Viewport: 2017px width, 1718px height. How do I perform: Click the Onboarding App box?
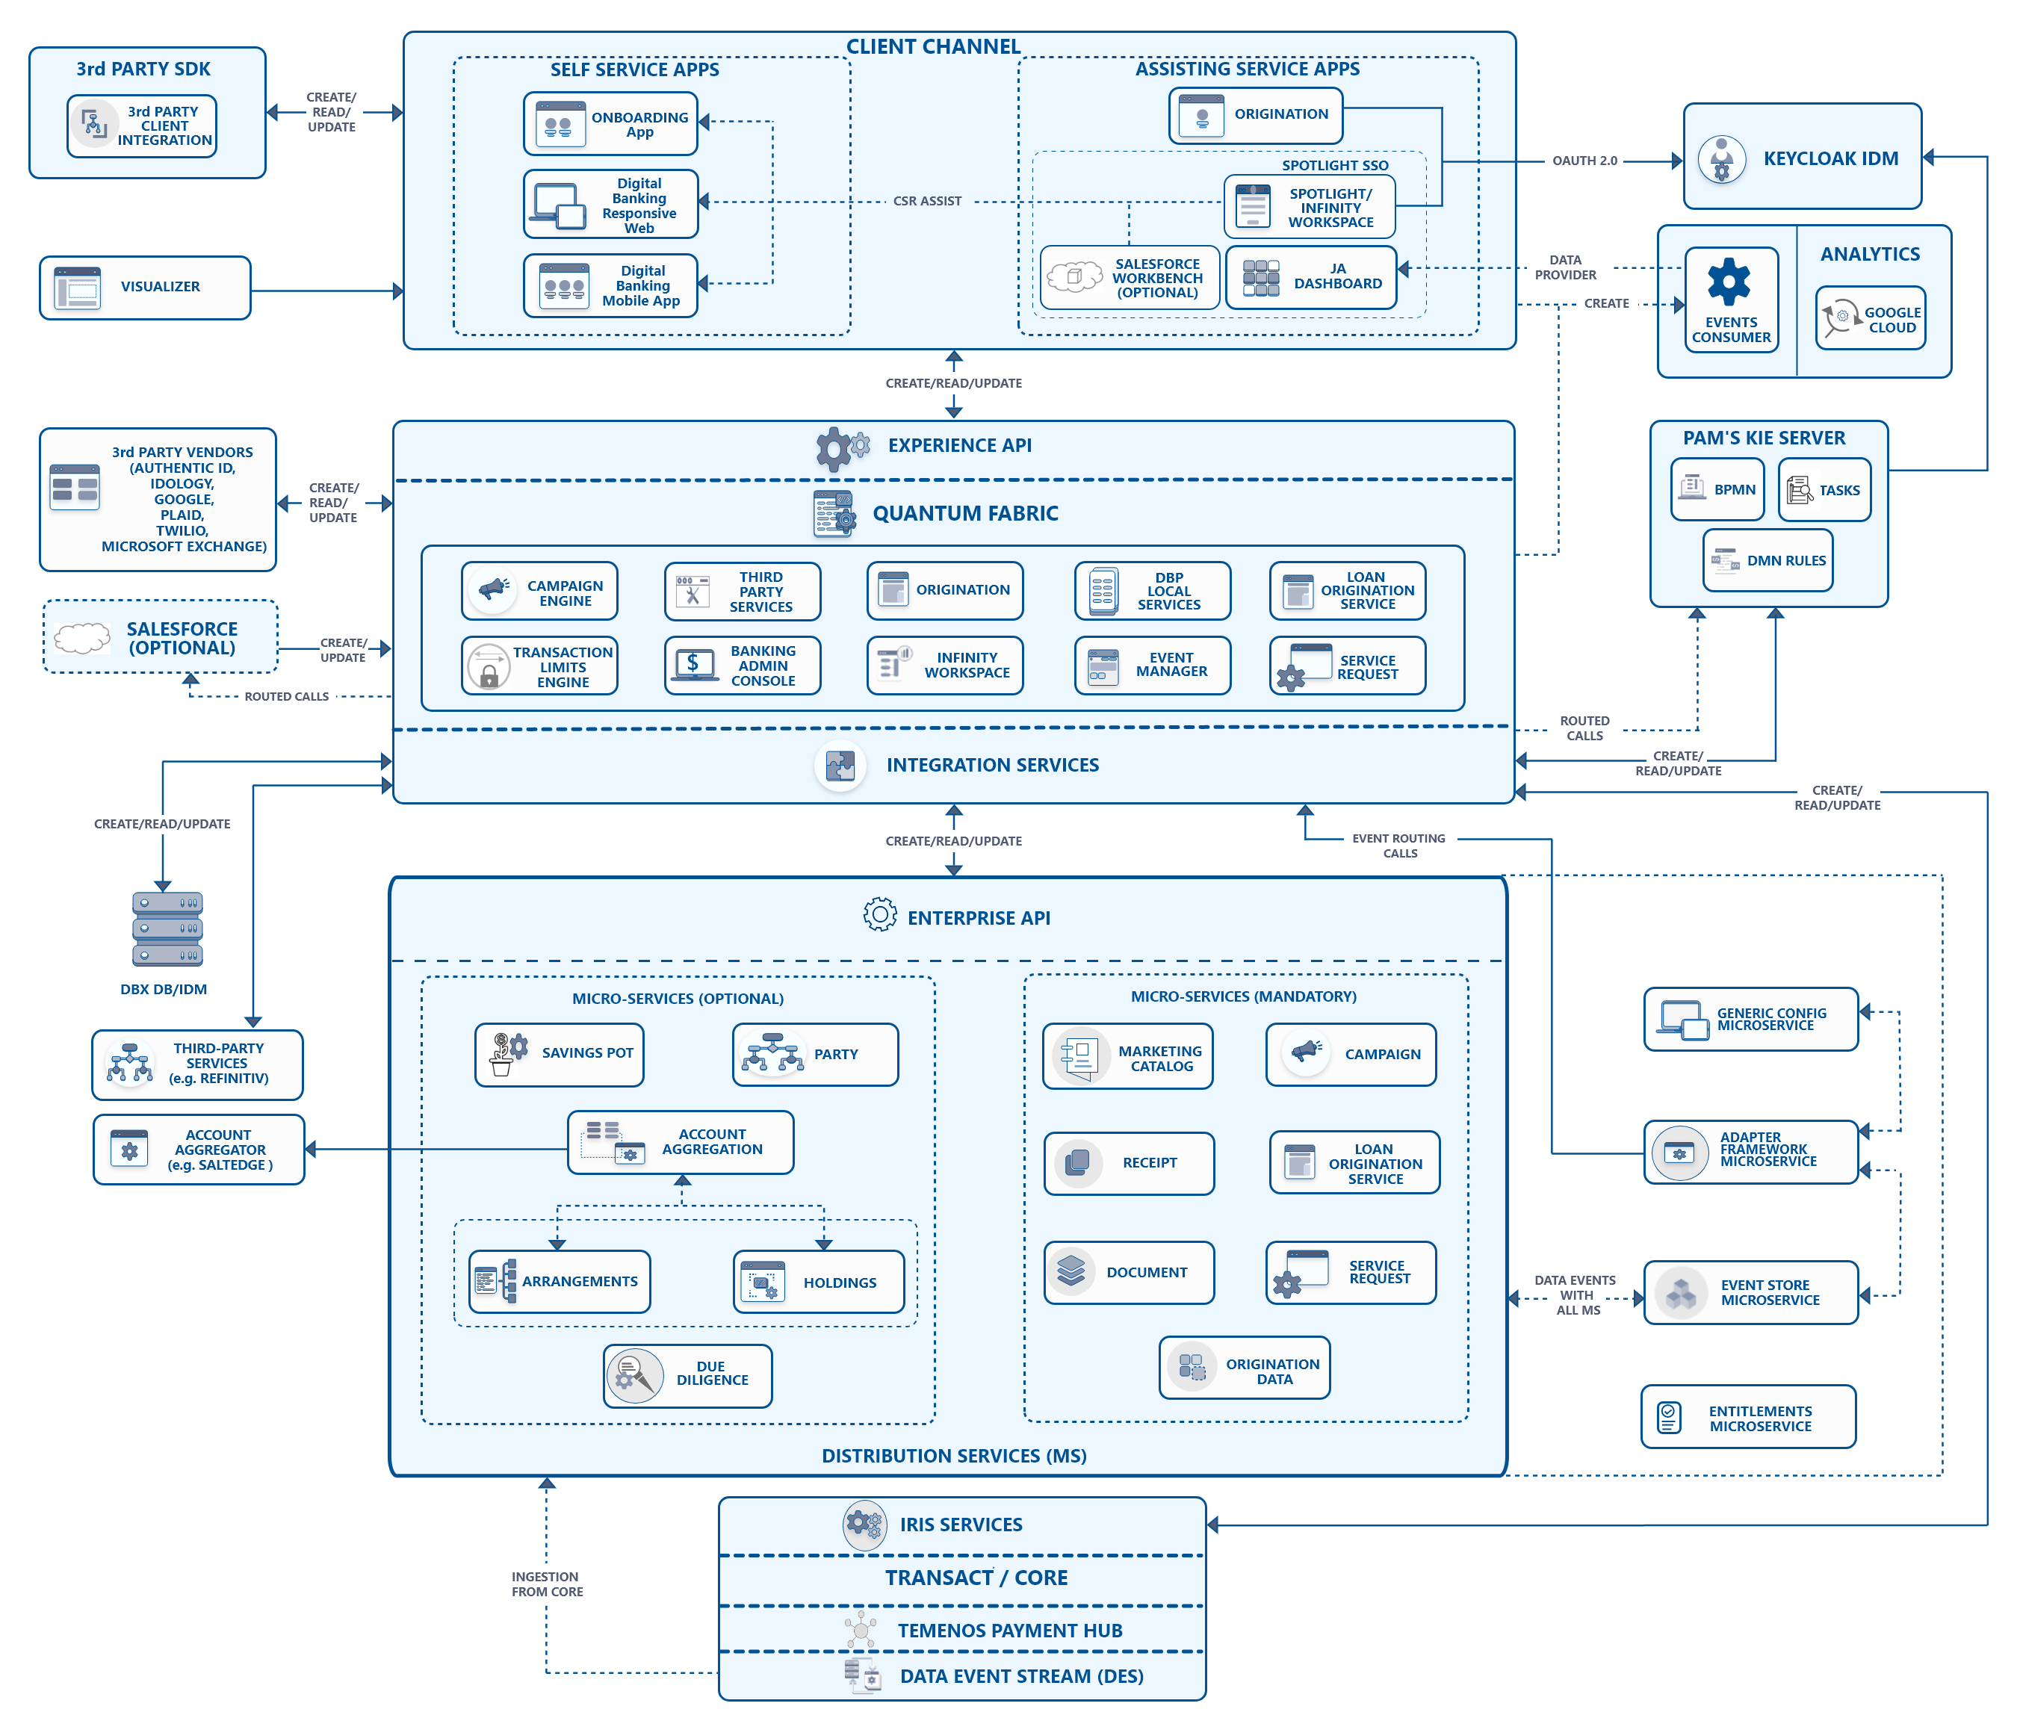pos(610,123)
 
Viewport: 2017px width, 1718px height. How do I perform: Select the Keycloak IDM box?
pos(1802,157)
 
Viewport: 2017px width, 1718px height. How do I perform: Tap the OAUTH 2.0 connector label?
pos(1584,161)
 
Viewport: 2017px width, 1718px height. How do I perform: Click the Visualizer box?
pos(145,287)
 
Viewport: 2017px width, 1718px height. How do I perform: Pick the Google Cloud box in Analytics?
pos(1870,318)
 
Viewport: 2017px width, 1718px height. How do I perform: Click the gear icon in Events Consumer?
pos(1729,282)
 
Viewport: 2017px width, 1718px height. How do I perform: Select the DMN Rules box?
pos(1767,561)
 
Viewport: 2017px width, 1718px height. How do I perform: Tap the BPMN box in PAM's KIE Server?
pos(1718,489)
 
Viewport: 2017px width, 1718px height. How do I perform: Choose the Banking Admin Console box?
pos(743,666)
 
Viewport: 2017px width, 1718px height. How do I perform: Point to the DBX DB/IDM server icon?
pos(167,928)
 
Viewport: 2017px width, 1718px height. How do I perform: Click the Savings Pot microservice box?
pos(560,1054)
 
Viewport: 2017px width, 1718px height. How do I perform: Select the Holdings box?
pos(819,1282)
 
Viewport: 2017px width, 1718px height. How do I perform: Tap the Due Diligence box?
pos(688,1375)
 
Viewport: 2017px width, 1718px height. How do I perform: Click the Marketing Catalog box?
pos(1128,1056)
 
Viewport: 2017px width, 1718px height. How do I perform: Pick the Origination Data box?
pos(1245,1368)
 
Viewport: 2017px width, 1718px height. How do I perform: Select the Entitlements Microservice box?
pos(1750,1417)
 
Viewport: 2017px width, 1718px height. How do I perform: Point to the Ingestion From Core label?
pos(547,1584)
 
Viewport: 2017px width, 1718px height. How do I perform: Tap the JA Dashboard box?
pos(1311,277)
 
